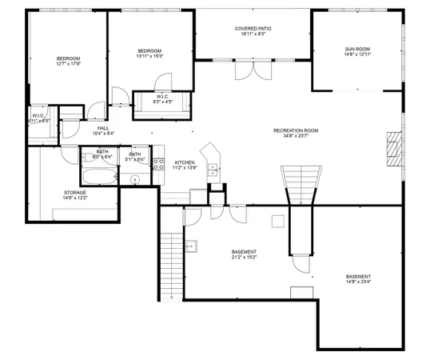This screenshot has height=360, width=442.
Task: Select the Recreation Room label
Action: (296, 130)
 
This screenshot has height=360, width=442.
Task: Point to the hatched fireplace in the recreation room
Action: (392, 148)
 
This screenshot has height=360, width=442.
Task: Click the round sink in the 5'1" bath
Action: (135, 181)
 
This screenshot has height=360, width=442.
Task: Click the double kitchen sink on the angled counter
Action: (213, 168)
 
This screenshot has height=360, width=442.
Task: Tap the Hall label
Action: (103, 127)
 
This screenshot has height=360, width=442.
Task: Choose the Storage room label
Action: (75, 193)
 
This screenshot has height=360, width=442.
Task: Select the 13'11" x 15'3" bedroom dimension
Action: (150, 56)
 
